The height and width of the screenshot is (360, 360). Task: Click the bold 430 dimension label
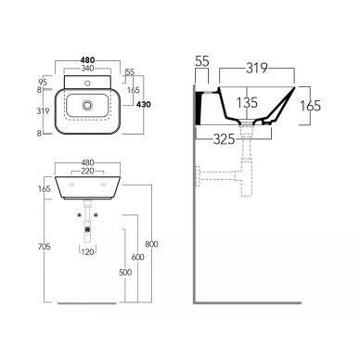click(x=144, y=104)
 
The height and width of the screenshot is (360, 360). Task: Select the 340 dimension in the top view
click(x=87, y=68)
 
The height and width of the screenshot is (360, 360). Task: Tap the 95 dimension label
click(x=43, y=83)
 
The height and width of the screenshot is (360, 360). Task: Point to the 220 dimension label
click(x=87, y=171)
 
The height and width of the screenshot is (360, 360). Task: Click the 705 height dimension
click(x=45, y=247)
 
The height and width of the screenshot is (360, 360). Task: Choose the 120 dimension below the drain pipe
click(x=87, y=251)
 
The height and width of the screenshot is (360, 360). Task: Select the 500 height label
click(x=125, y=272)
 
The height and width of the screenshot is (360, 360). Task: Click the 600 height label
click(x=137, y=257)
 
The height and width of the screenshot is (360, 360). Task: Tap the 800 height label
click(x=151, y=244)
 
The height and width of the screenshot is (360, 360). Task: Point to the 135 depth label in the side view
click(x=247, y=103)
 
